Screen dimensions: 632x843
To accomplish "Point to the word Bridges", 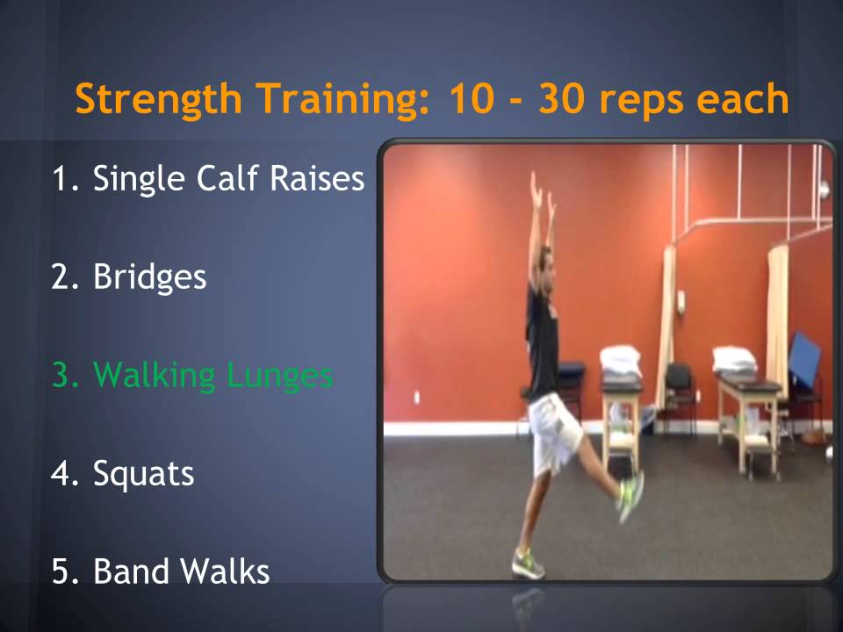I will pyautogui.click(x=149, y=277).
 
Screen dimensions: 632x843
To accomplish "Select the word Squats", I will pyautogui.click(x=143, y=474).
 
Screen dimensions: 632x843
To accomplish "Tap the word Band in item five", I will pyautogui.click(x=133, y=572).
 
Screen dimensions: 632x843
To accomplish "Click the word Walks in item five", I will pyautogui.click(x=226, y=572).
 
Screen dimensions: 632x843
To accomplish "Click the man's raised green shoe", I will pyautogui.click(x=630, y=496).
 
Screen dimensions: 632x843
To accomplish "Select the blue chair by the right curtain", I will pyautogui.click(x=803, y=360).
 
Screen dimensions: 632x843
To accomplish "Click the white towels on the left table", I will pyautogui.click(x=620, y=358).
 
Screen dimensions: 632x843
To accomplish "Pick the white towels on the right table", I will pyautogui.click(x=734, y=358).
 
